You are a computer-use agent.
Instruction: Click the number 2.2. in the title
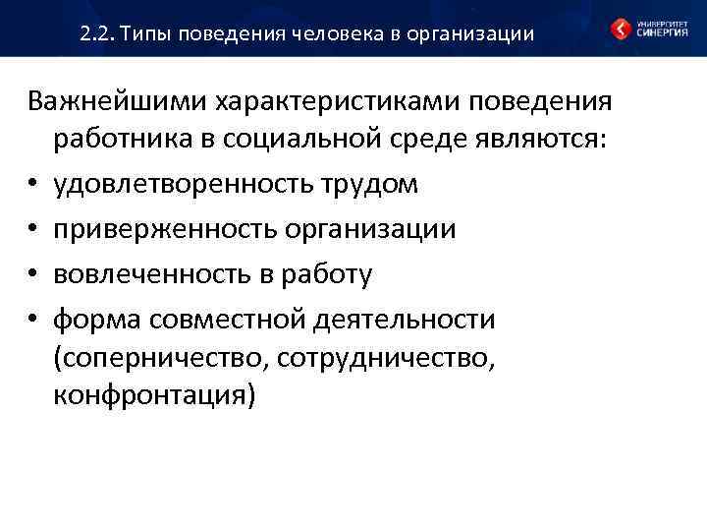pos(99,34)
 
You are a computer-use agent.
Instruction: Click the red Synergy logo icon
pos(621,28)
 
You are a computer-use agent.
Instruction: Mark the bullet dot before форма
pos(34,320)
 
